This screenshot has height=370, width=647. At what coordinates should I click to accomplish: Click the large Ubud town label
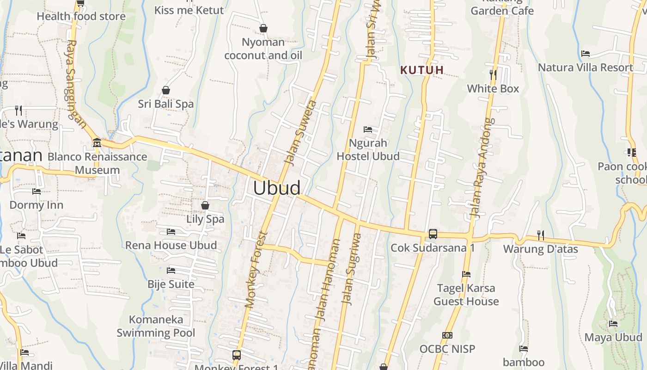point(277,188)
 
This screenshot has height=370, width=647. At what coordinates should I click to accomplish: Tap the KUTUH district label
point(422,70)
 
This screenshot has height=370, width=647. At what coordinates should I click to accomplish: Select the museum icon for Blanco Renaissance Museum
point(97,143)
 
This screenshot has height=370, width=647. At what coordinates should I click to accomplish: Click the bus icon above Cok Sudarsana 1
point(433,234)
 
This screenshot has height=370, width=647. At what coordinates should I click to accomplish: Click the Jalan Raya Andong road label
point(482,168)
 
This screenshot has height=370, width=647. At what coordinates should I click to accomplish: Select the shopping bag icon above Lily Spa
point(205,205)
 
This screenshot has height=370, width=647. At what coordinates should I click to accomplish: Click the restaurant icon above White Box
point(493,74)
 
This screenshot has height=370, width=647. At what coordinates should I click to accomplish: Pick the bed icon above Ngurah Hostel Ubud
point(368,129)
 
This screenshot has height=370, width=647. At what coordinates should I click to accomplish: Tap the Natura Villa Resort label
point(586,68)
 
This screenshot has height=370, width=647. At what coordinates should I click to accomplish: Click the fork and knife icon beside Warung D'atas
point(541,235)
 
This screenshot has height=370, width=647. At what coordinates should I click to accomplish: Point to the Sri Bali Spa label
point(166,104)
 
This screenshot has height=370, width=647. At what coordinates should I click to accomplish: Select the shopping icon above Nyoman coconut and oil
point(263,29)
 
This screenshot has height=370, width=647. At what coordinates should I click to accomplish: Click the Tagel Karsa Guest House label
point(466,295)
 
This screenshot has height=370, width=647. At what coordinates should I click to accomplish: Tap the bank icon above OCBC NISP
point(447,335)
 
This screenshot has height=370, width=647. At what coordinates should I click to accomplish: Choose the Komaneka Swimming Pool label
point(156,326)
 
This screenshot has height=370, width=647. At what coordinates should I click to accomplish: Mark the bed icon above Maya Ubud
point(613,324)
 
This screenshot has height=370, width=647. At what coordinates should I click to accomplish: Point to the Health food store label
point(81,16)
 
